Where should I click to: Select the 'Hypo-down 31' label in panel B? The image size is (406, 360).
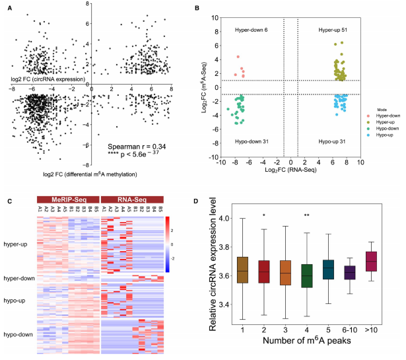tap(254, 141)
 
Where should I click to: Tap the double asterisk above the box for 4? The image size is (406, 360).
tap(287, 215)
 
